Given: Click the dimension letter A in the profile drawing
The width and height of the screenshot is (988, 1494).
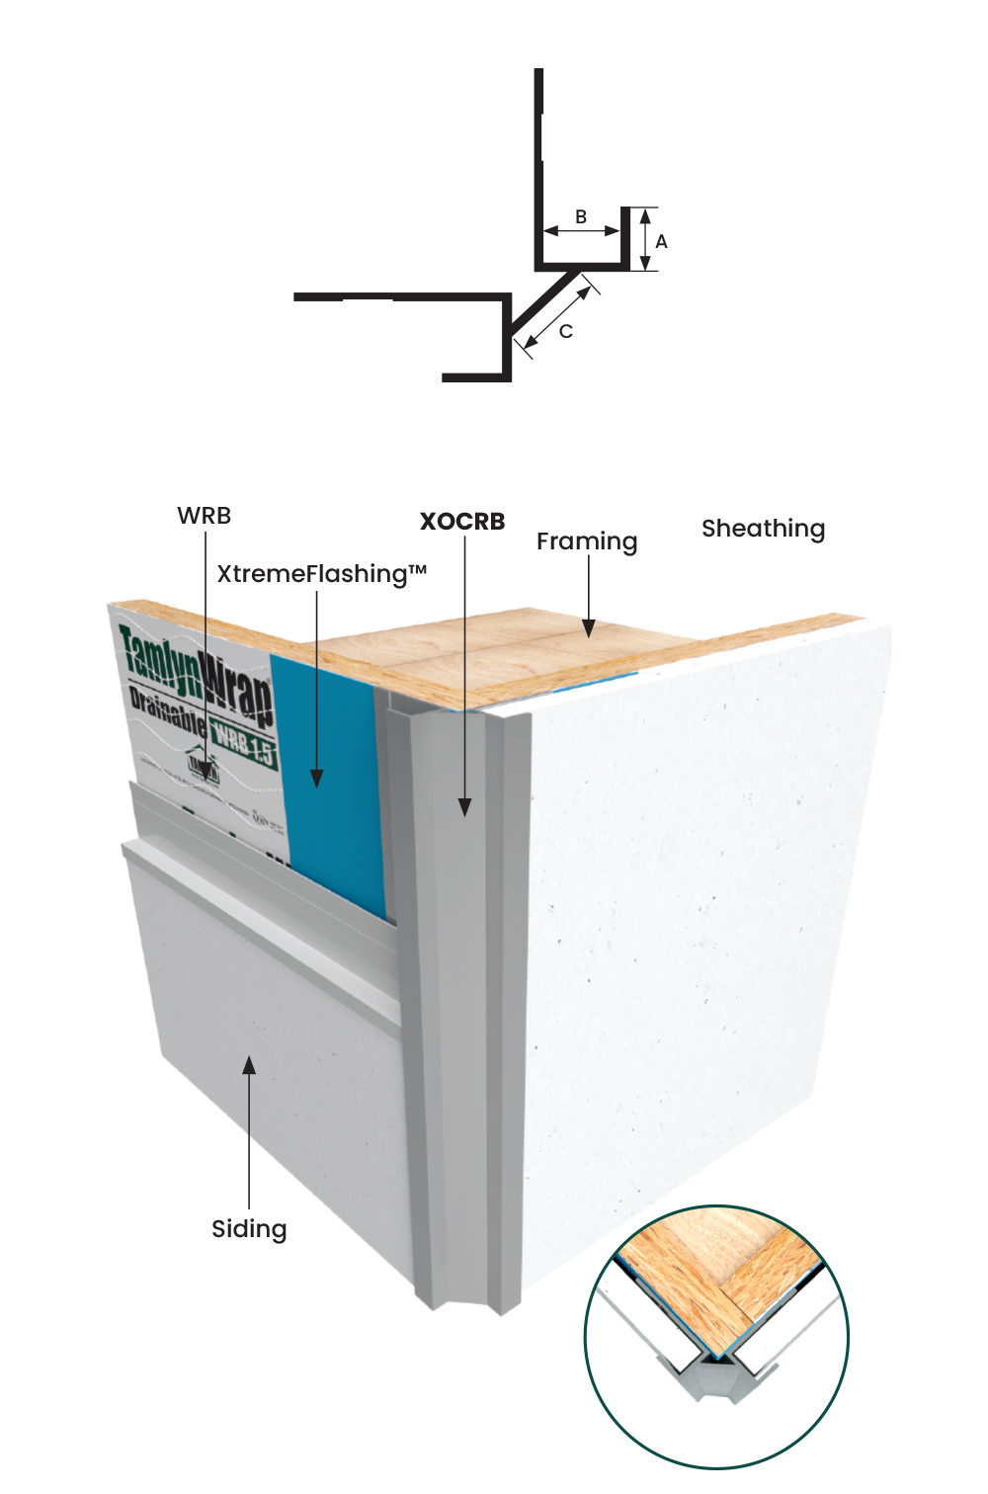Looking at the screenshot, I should click(x=661, y=241).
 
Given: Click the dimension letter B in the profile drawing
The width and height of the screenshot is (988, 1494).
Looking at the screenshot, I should click(x=581, y=216).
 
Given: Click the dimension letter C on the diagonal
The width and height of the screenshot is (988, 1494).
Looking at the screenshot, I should click(x=566, y=331).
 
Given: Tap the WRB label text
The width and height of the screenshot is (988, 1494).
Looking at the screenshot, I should click(x=204, y=516).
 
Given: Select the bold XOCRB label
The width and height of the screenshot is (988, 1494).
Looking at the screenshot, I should click(x=462, y=522).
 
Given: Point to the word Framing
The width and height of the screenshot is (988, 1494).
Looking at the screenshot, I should click(x=587, y=541).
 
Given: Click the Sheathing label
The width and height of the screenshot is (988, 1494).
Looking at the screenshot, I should click(x=763, y=529).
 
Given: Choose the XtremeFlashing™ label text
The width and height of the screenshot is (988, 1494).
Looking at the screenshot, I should click(x=321, y=574).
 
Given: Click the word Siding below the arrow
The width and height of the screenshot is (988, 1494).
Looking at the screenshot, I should click(x=249, y=1229).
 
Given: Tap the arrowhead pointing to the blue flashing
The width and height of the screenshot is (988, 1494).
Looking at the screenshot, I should click(x=317, y=780).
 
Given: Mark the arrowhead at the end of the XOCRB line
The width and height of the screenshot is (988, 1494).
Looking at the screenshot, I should click(x=464, y=806).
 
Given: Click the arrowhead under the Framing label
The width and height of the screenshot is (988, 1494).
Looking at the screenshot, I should click(x=589, y=627).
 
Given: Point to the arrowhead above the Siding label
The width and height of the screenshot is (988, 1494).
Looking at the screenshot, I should click(x=249, y=1065).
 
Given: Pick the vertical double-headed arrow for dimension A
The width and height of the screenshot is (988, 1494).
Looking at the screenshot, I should click(x=644, y=239).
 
